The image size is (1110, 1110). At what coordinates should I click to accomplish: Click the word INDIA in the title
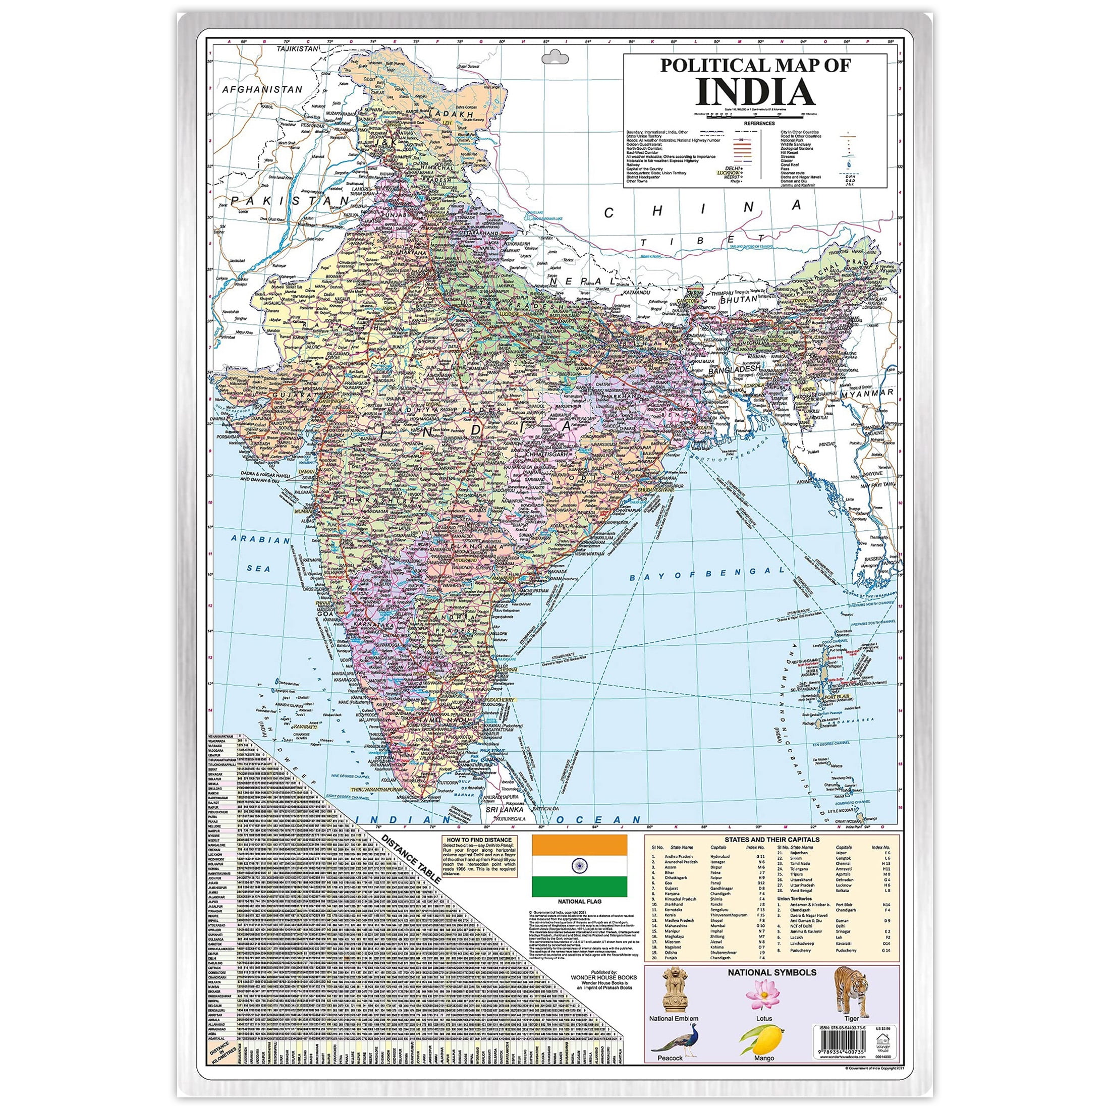[755, 92]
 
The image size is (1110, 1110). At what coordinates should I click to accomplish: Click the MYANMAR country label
[866, 393]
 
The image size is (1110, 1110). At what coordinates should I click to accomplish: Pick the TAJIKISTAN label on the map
[297, 49]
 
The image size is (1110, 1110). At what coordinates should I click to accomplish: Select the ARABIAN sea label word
[260, 540]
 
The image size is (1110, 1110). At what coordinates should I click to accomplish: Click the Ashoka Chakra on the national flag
[579, 865]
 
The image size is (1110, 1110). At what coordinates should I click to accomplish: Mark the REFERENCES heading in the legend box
[758, 123]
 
